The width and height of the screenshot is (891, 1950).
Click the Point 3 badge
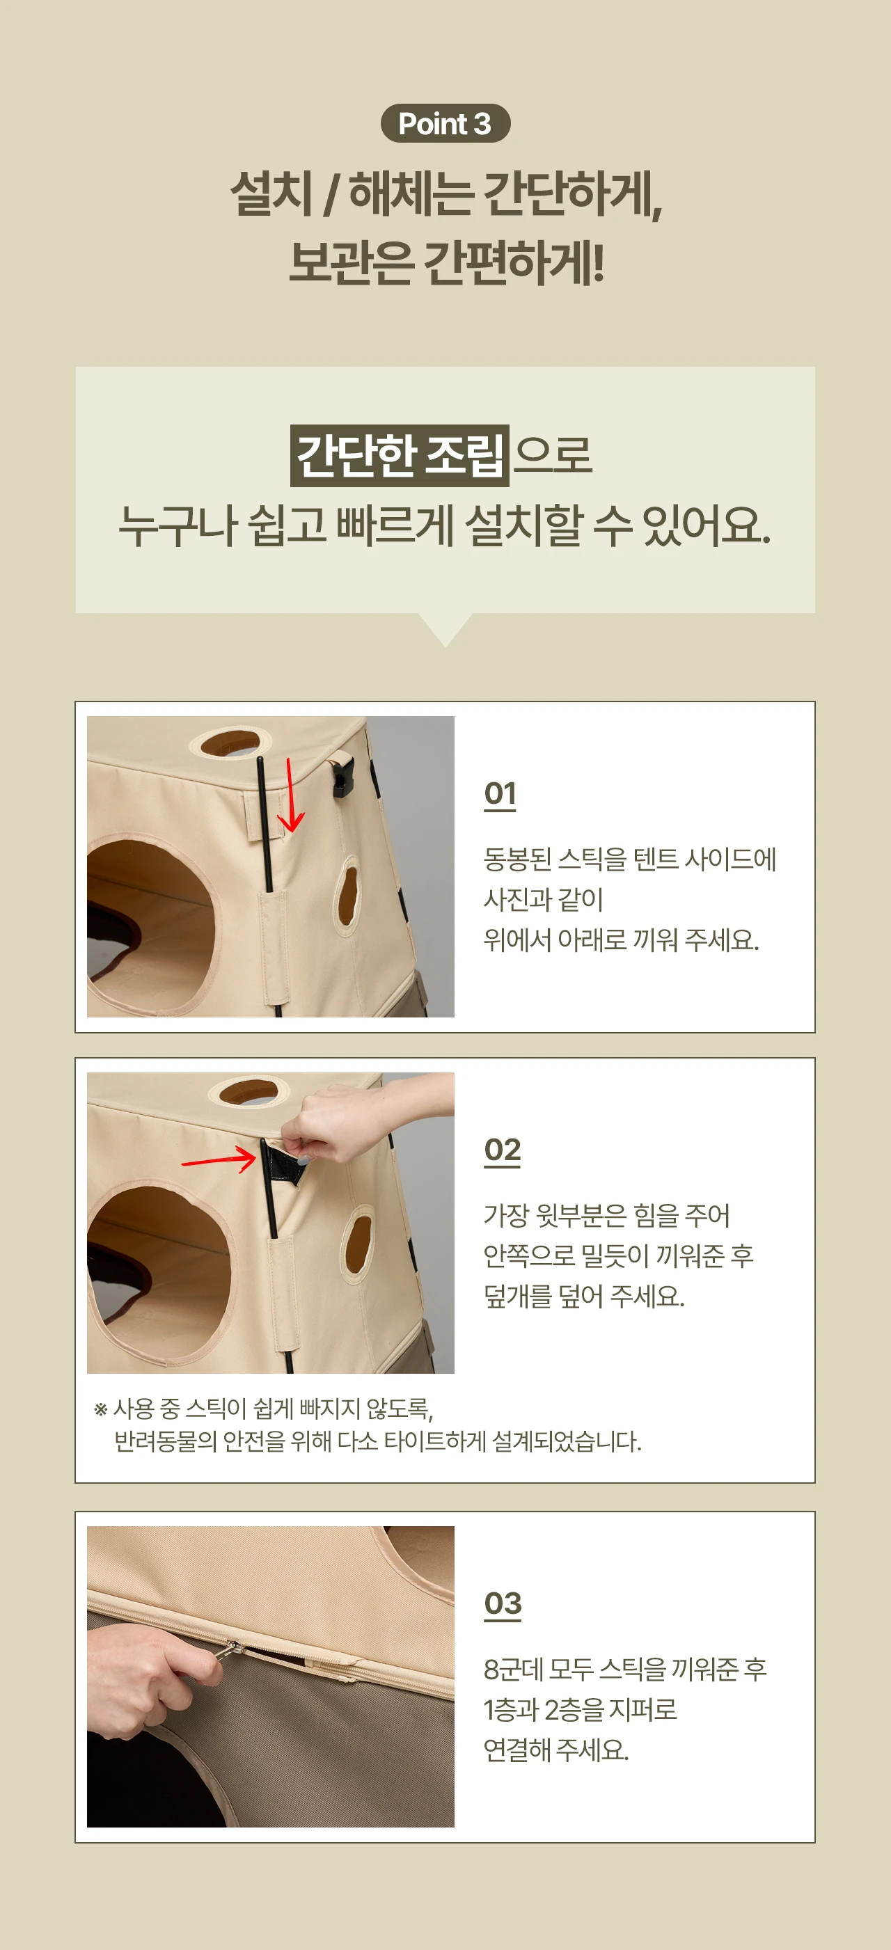445,123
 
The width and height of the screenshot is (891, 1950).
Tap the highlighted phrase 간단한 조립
400,456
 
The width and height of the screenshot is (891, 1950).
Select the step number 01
500,794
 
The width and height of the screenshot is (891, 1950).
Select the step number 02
503,1150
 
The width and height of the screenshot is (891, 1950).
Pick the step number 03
503,1603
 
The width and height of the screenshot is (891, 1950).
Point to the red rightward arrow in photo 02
219,1158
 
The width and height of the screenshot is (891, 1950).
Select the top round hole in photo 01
230,742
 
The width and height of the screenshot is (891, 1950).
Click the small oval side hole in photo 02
356,1244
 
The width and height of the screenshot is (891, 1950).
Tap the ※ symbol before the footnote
101,1409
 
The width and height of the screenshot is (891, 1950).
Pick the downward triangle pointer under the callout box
445,628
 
